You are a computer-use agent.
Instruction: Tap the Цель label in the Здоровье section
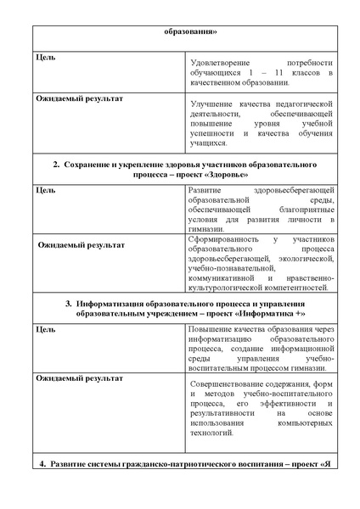45,189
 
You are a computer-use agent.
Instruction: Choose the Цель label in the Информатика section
45,329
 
